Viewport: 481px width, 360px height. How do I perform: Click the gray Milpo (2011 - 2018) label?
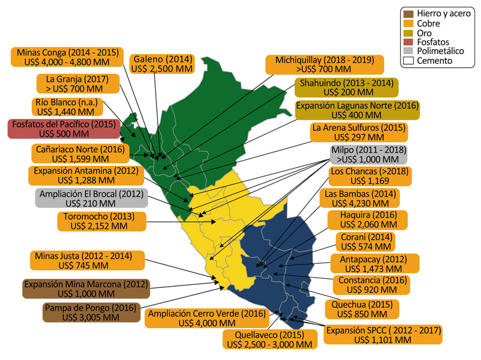[364, 155]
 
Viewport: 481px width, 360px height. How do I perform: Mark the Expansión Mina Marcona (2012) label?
[85, 289]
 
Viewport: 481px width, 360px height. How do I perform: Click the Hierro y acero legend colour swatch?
[408, 13]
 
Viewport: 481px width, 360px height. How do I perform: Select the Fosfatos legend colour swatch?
[408, 42]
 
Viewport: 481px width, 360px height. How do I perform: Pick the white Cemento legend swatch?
[408, 61]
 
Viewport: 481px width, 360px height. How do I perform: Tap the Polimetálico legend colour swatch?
[408, 52]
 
